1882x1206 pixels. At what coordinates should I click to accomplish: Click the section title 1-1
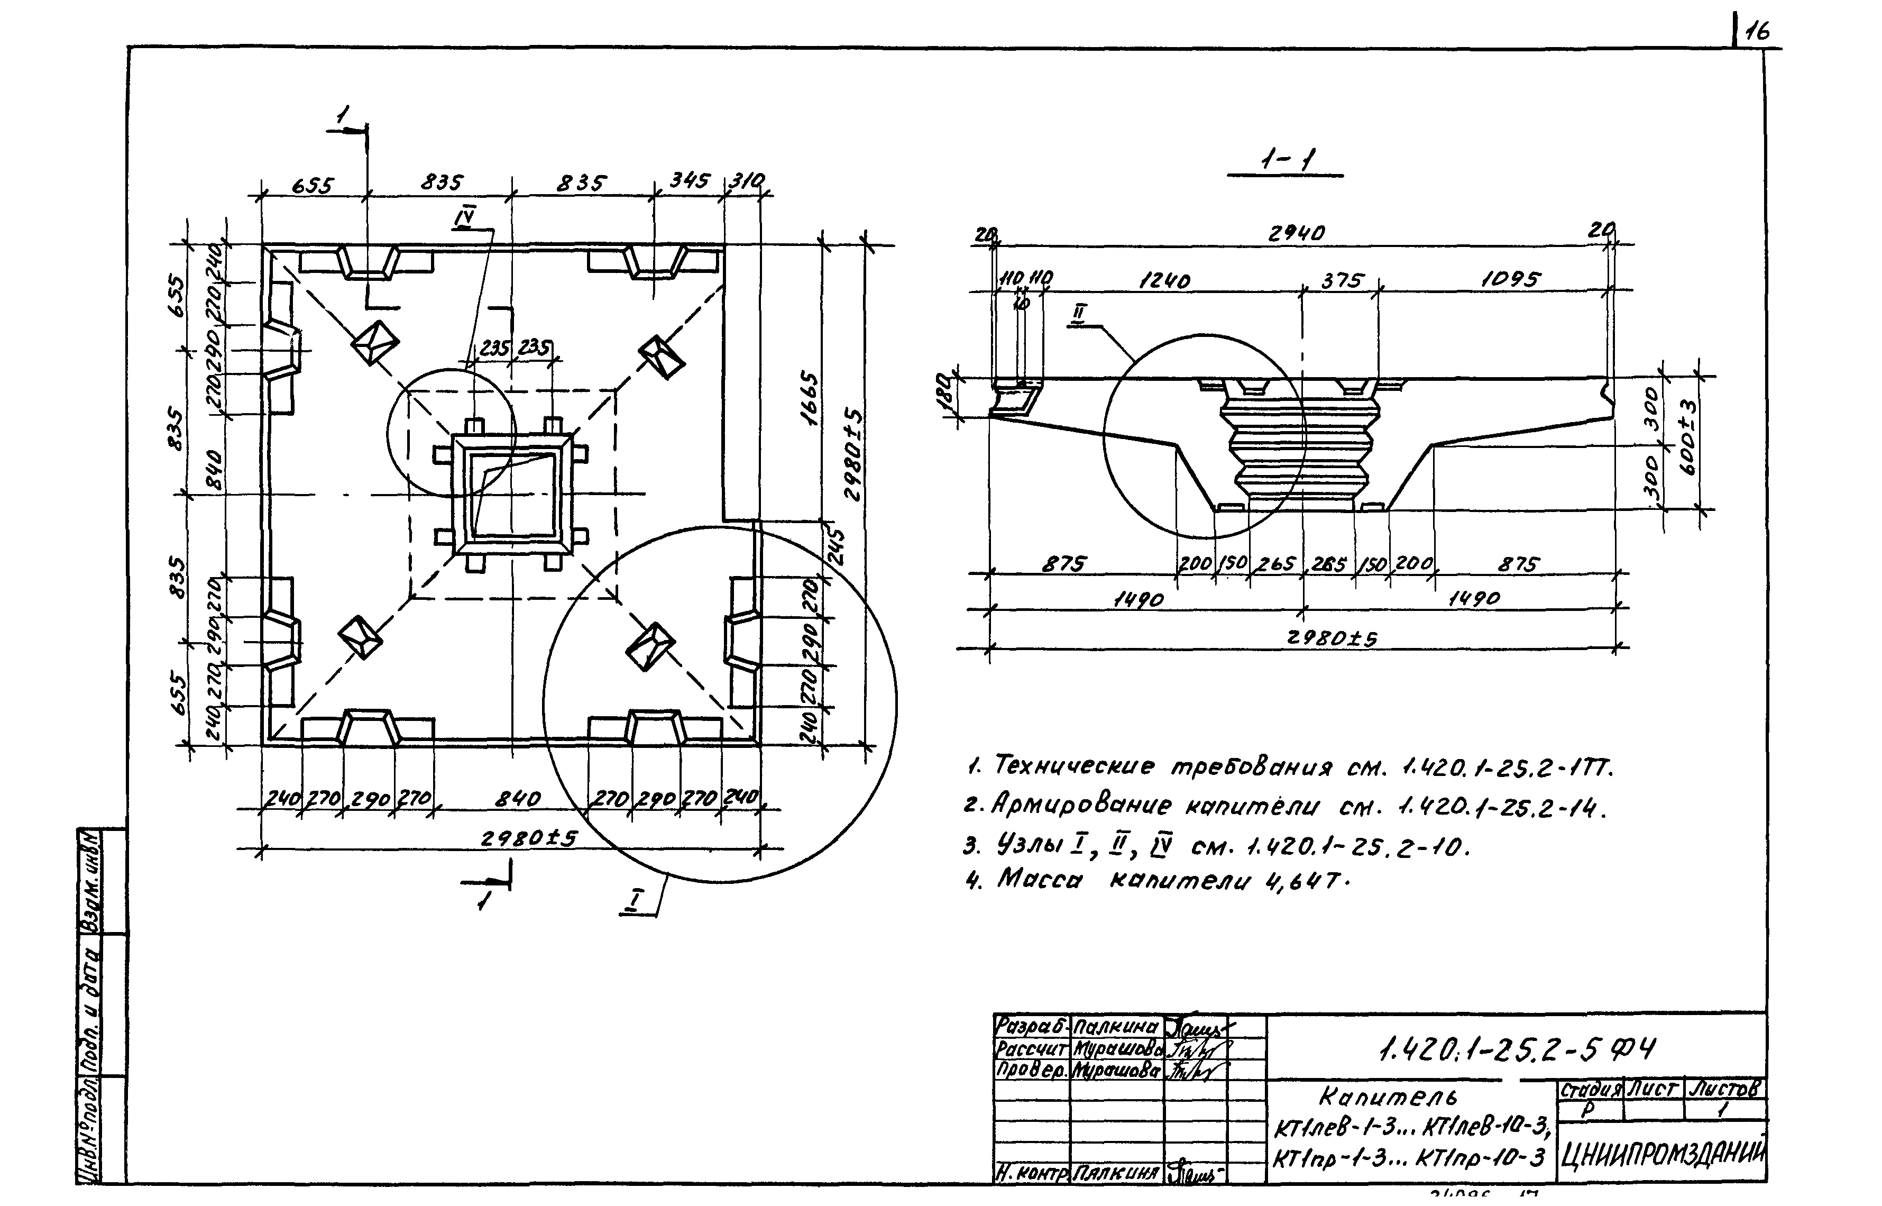tap(1287, 161)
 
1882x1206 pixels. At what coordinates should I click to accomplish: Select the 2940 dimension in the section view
tap(1297, 233)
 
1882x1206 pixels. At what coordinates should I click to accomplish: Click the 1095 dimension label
tap(1510, 279)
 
